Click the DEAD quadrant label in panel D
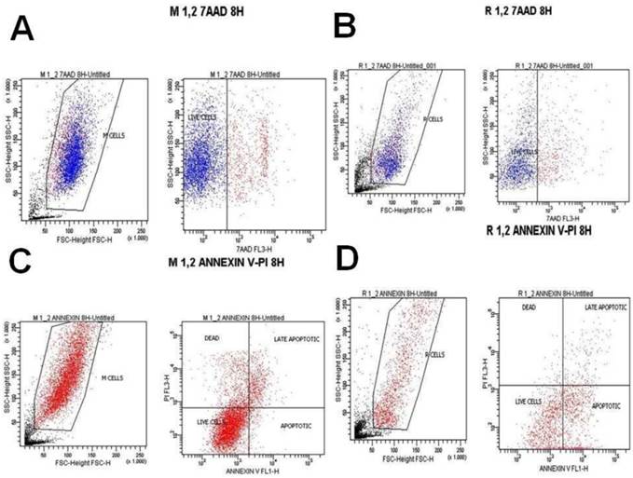coord(528,307)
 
